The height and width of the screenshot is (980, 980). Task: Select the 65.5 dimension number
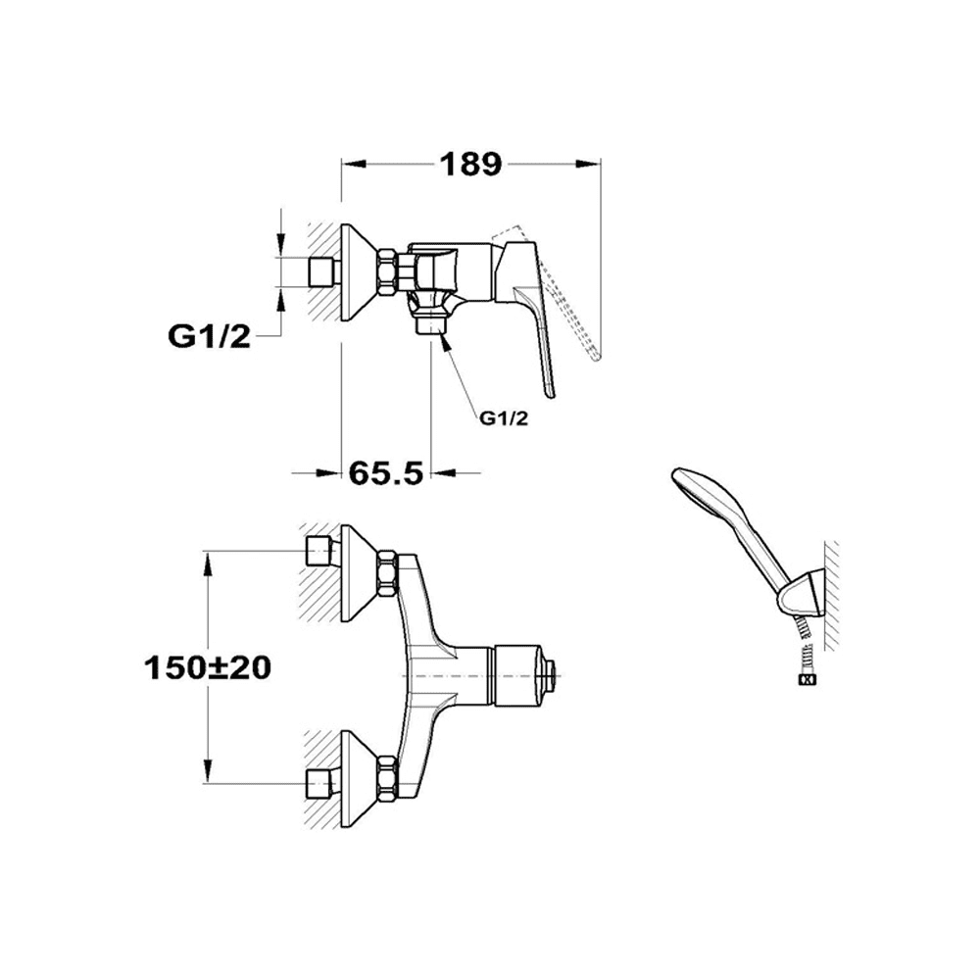(385, 473)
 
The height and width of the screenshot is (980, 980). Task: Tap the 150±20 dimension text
(208, 667)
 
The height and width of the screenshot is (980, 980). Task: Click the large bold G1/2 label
(209, 337)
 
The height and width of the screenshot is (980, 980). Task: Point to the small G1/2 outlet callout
(504, 418)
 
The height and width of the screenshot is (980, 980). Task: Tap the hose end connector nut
(807, 681)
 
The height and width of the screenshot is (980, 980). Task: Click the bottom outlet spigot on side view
(431, 326)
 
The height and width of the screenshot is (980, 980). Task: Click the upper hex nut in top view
(387, 573)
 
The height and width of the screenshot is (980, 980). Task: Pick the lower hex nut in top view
(387, 779)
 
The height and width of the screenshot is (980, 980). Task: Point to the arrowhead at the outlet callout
(444, 341)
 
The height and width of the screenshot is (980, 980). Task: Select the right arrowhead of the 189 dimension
(587, 165)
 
